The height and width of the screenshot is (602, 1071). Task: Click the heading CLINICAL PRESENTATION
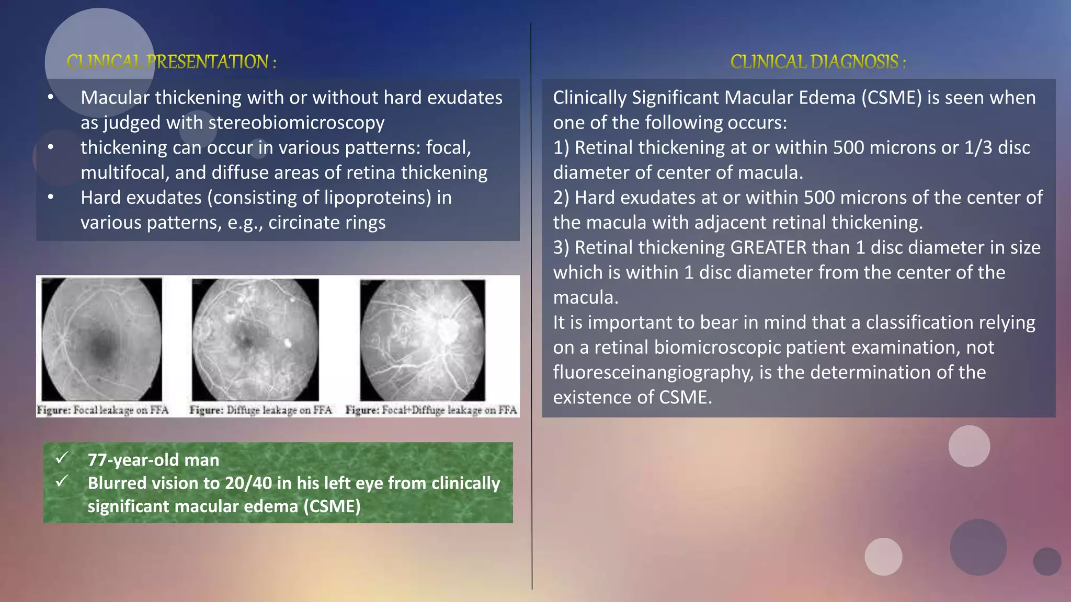tap(171, 62)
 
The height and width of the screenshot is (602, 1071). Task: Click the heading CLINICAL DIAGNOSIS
tap(817, 62)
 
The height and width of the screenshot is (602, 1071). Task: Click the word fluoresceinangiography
tap(653, 373)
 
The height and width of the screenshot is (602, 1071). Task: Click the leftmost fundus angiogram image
tap(102, 339)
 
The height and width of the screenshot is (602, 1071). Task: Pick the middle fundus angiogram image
tap(255, 339)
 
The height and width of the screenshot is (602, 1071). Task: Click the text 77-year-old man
tap(153, 460)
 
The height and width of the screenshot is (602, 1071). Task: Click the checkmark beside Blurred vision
tap(62, 481)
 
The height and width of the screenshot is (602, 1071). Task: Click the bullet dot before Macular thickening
tap(51, 98)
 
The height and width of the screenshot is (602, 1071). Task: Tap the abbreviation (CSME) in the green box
tap(332, 506)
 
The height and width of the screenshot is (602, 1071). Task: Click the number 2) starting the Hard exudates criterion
tap(561, 198)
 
